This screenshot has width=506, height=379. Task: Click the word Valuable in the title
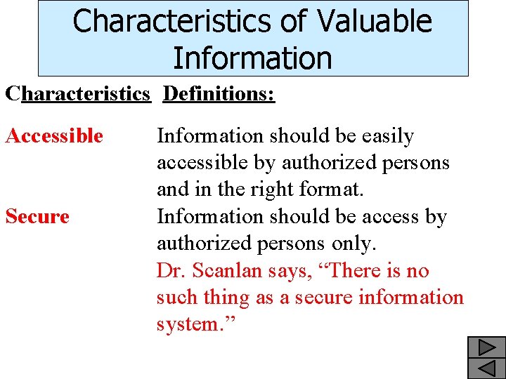(375, 21)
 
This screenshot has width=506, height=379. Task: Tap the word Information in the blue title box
(252, 58)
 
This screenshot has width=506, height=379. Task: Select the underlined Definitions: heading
(219, 94)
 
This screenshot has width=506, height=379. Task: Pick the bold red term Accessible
(54, 135)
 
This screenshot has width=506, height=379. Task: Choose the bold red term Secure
(37, 216)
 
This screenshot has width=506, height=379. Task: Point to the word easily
(382, 136)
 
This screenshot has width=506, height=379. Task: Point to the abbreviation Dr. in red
(172, 271)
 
